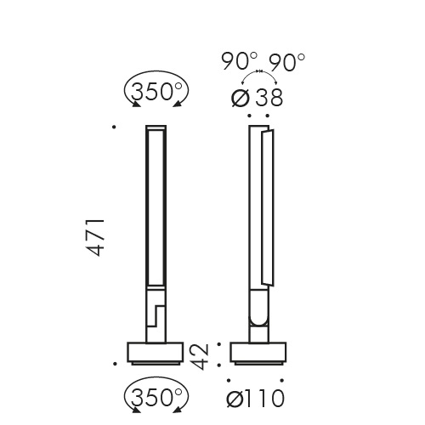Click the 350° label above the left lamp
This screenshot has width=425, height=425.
(x=156, y=91)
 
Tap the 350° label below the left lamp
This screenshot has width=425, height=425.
(x=156, y=395)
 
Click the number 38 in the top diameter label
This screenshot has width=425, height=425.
(x=264, y=96)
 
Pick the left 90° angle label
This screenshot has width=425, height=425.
(x=239, y=62)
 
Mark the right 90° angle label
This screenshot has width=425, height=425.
(x=287, y=62)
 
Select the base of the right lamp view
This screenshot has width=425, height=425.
(x=258, y=352)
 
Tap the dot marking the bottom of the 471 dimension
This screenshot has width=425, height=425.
(x=113, y=362)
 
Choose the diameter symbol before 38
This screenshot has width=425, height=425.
(x=241, y=97)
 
